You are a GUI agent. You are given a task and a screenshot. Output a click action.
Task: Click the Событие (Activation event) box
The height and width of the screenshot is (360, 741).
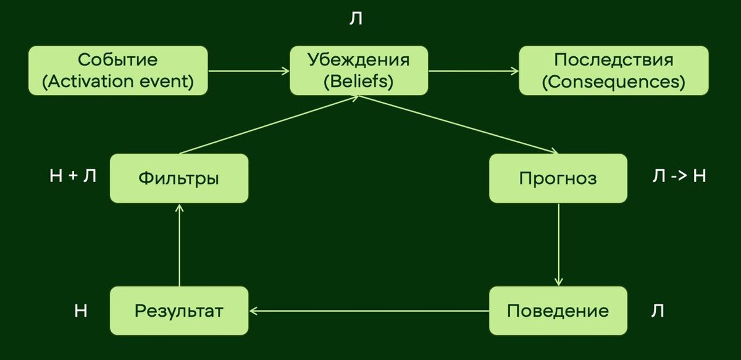point(117,70)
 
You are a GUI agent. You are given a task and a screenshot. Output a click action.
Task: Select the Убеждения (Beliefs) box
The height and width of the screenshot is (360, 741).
point(359,70)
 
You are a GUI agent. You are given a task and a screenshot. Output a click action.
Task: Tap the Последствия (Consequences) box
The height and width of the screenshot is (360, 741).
point(613,70)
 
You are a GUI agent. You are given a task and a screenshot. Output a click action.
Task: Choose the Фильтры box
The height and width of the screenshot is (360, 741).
point(179,178)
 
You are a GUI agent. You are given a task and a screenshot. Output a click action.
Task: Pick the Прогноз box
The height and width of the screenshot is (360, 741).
point(558,178)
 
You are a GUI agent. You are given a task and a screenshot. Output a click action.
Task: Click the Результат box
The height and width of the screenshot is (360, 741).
point(179,311)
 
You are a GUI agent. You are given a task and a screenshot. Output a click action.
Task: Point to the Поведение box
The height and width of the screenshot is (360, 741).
point(558,311)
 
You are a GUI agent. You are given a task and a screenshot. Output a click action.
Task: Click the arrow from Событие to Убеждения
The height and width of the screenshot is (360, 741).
point(249,71)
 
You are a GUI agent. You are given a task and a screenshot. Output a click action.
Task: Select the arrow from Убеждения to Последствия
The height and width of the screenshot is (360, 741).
point(474,71)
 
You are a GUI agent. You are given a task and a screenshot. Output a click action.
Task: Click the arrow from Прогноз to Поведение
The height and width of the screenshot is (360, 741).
point(558,244)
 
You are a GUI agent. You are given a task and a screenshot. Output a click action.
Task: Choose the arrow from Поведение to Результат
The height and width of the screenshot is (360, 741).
point(369,311)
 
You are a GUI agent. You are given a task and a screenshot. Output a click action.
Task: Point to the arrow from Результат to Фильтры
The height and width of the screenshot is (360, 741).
point(179,245)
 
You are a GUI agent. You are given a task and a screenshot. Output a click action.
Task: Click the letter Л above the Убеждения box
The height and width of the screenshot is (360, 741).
point(356,19)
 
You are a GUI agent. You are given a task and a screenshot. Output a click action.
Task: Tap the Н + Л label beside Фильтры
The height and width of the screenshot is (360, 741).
point(73,177)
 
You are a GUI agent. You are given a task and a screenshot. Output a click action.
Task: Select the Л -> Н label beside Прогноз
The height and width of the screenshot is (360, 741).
point(679,177)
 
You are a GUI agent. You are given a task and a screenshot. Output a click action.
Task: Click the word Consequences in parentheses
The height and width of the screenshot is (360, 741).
point(613,82)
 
